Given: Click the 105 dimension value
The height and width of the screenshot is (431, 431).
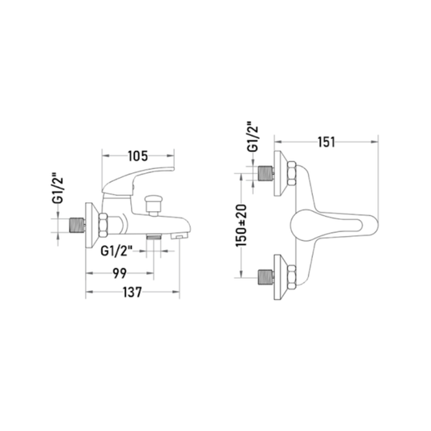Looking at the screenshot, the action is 138,156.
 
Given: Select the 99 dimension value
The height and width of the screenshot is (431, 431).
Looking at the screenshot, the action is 120,273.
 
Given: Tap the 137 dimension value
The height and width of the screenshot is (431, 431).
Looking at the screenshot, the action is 133,292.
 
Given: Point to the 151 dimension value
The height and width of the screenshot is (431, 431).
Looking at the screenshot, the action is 327,142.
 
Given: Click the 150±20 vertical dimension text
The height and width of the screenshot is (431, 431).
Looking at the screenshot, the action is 241,225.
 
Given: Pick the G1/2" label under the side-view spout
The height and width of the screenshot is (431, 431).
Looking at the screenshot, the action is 116,251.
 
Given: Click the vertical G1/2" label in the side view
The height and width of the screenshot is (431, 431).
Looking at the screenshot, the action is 58,188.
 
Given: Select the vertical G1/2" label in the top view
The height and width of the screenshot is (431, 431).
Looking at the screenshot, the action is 252,137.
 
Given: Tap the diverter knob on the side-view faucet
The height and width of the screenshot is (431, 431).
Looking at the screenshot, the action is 154,205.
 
